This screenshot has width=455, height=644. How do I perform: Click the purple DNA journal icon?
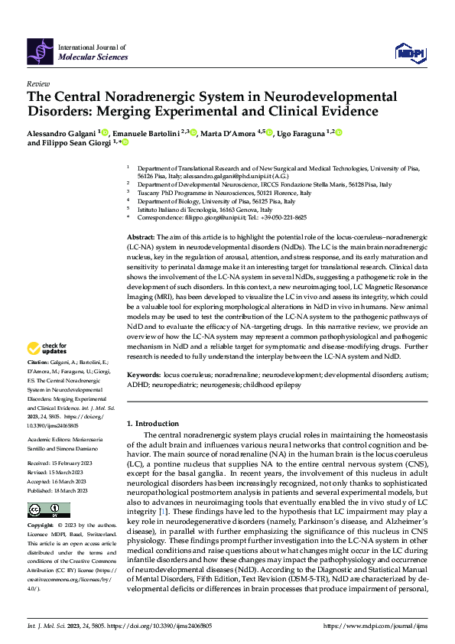coord(40,51)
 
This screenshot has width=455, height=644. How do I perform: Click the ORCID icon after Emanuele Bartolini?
coord(194,132)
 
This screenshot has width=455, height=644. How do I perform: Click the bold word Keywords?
coord(144,376)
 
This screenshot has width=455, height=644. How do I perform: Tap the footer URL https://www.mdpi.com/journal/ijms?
coord(379,626)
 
